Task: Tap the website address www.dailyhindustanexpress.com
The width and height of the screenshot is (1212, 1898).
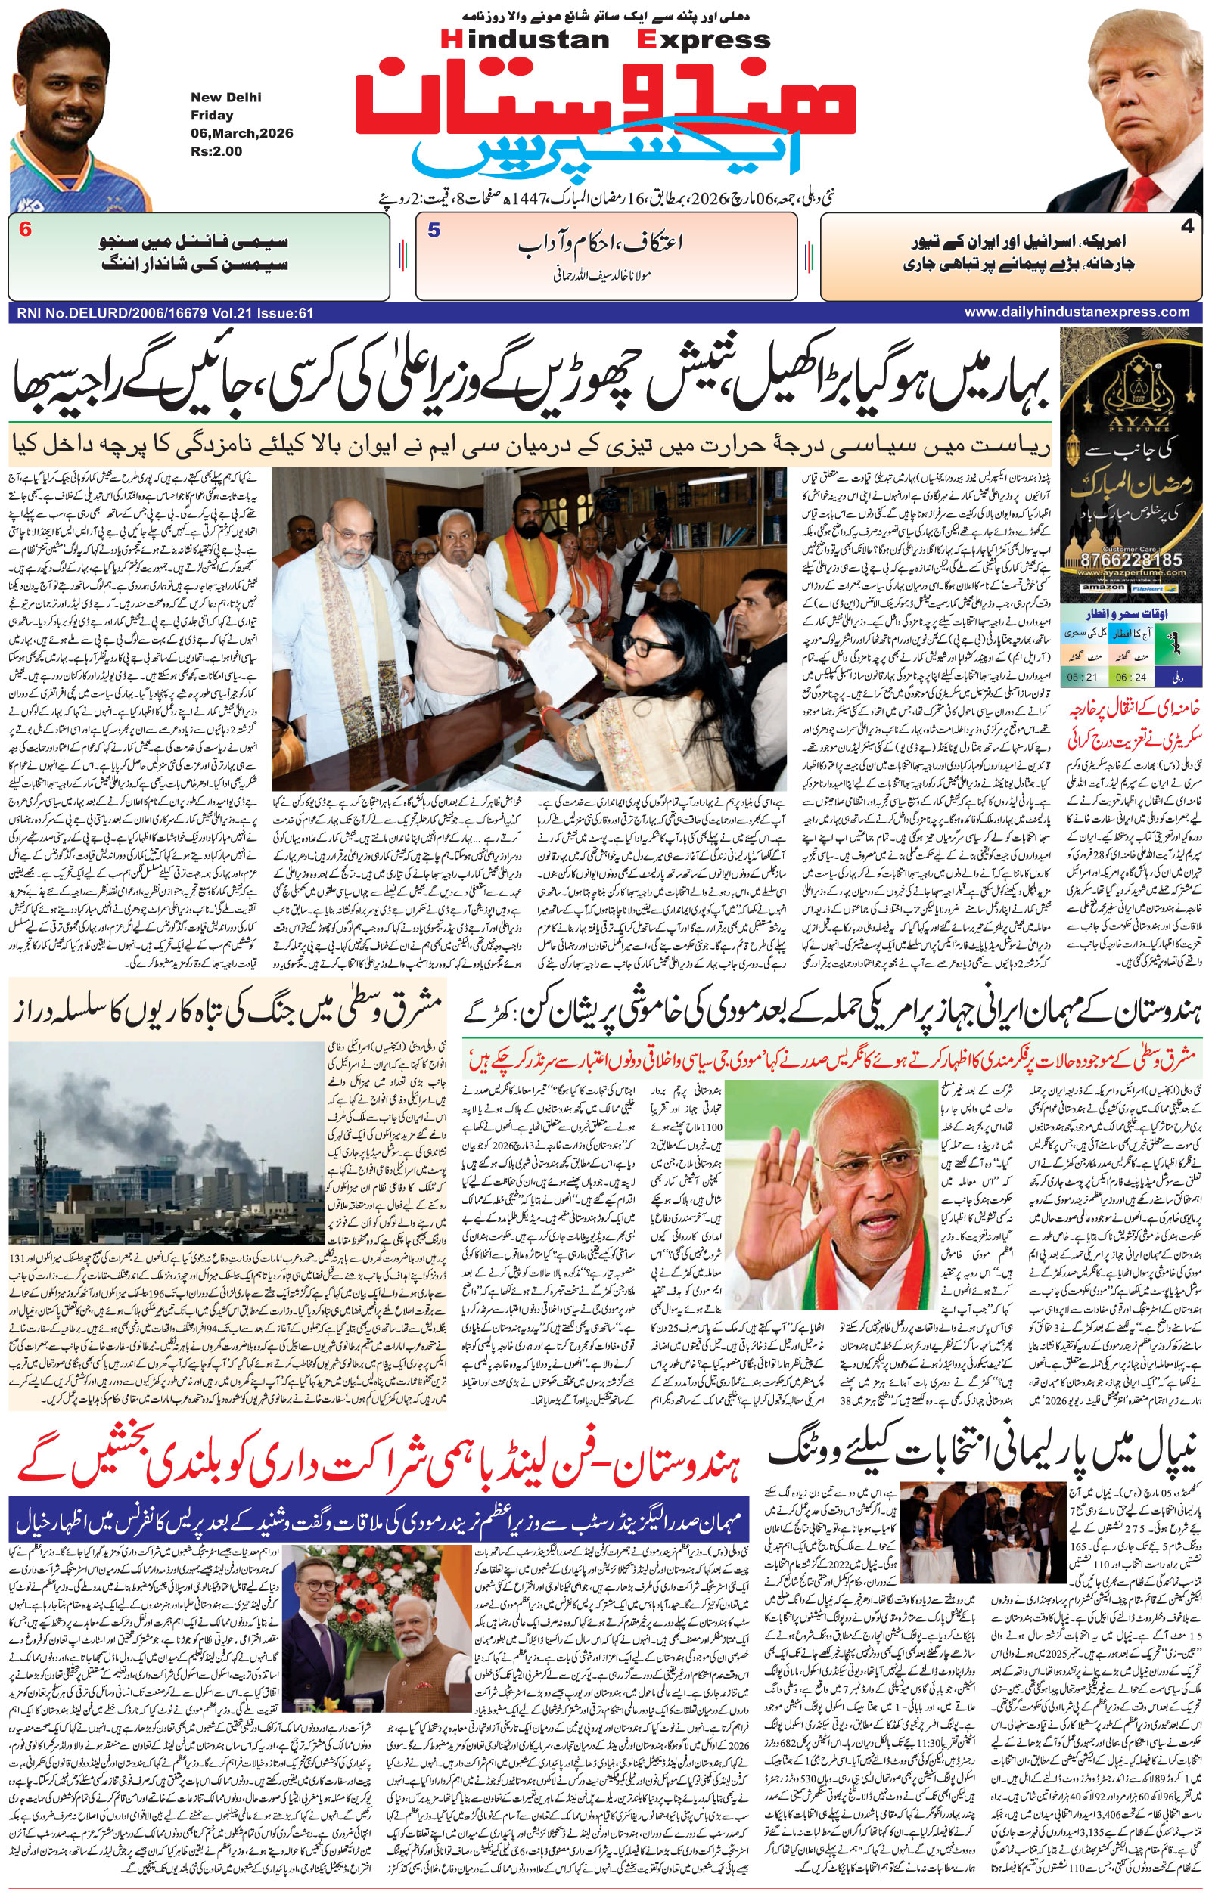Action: coord(1077,312)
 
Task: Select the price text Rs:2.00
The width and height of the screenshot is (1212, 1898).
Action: coord(216,151)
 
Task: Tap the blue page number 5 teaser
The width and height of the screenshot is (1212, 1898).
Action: coord(433,231)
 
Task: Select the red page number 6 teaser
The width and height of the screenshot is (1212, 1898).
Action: coord(25,231)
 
